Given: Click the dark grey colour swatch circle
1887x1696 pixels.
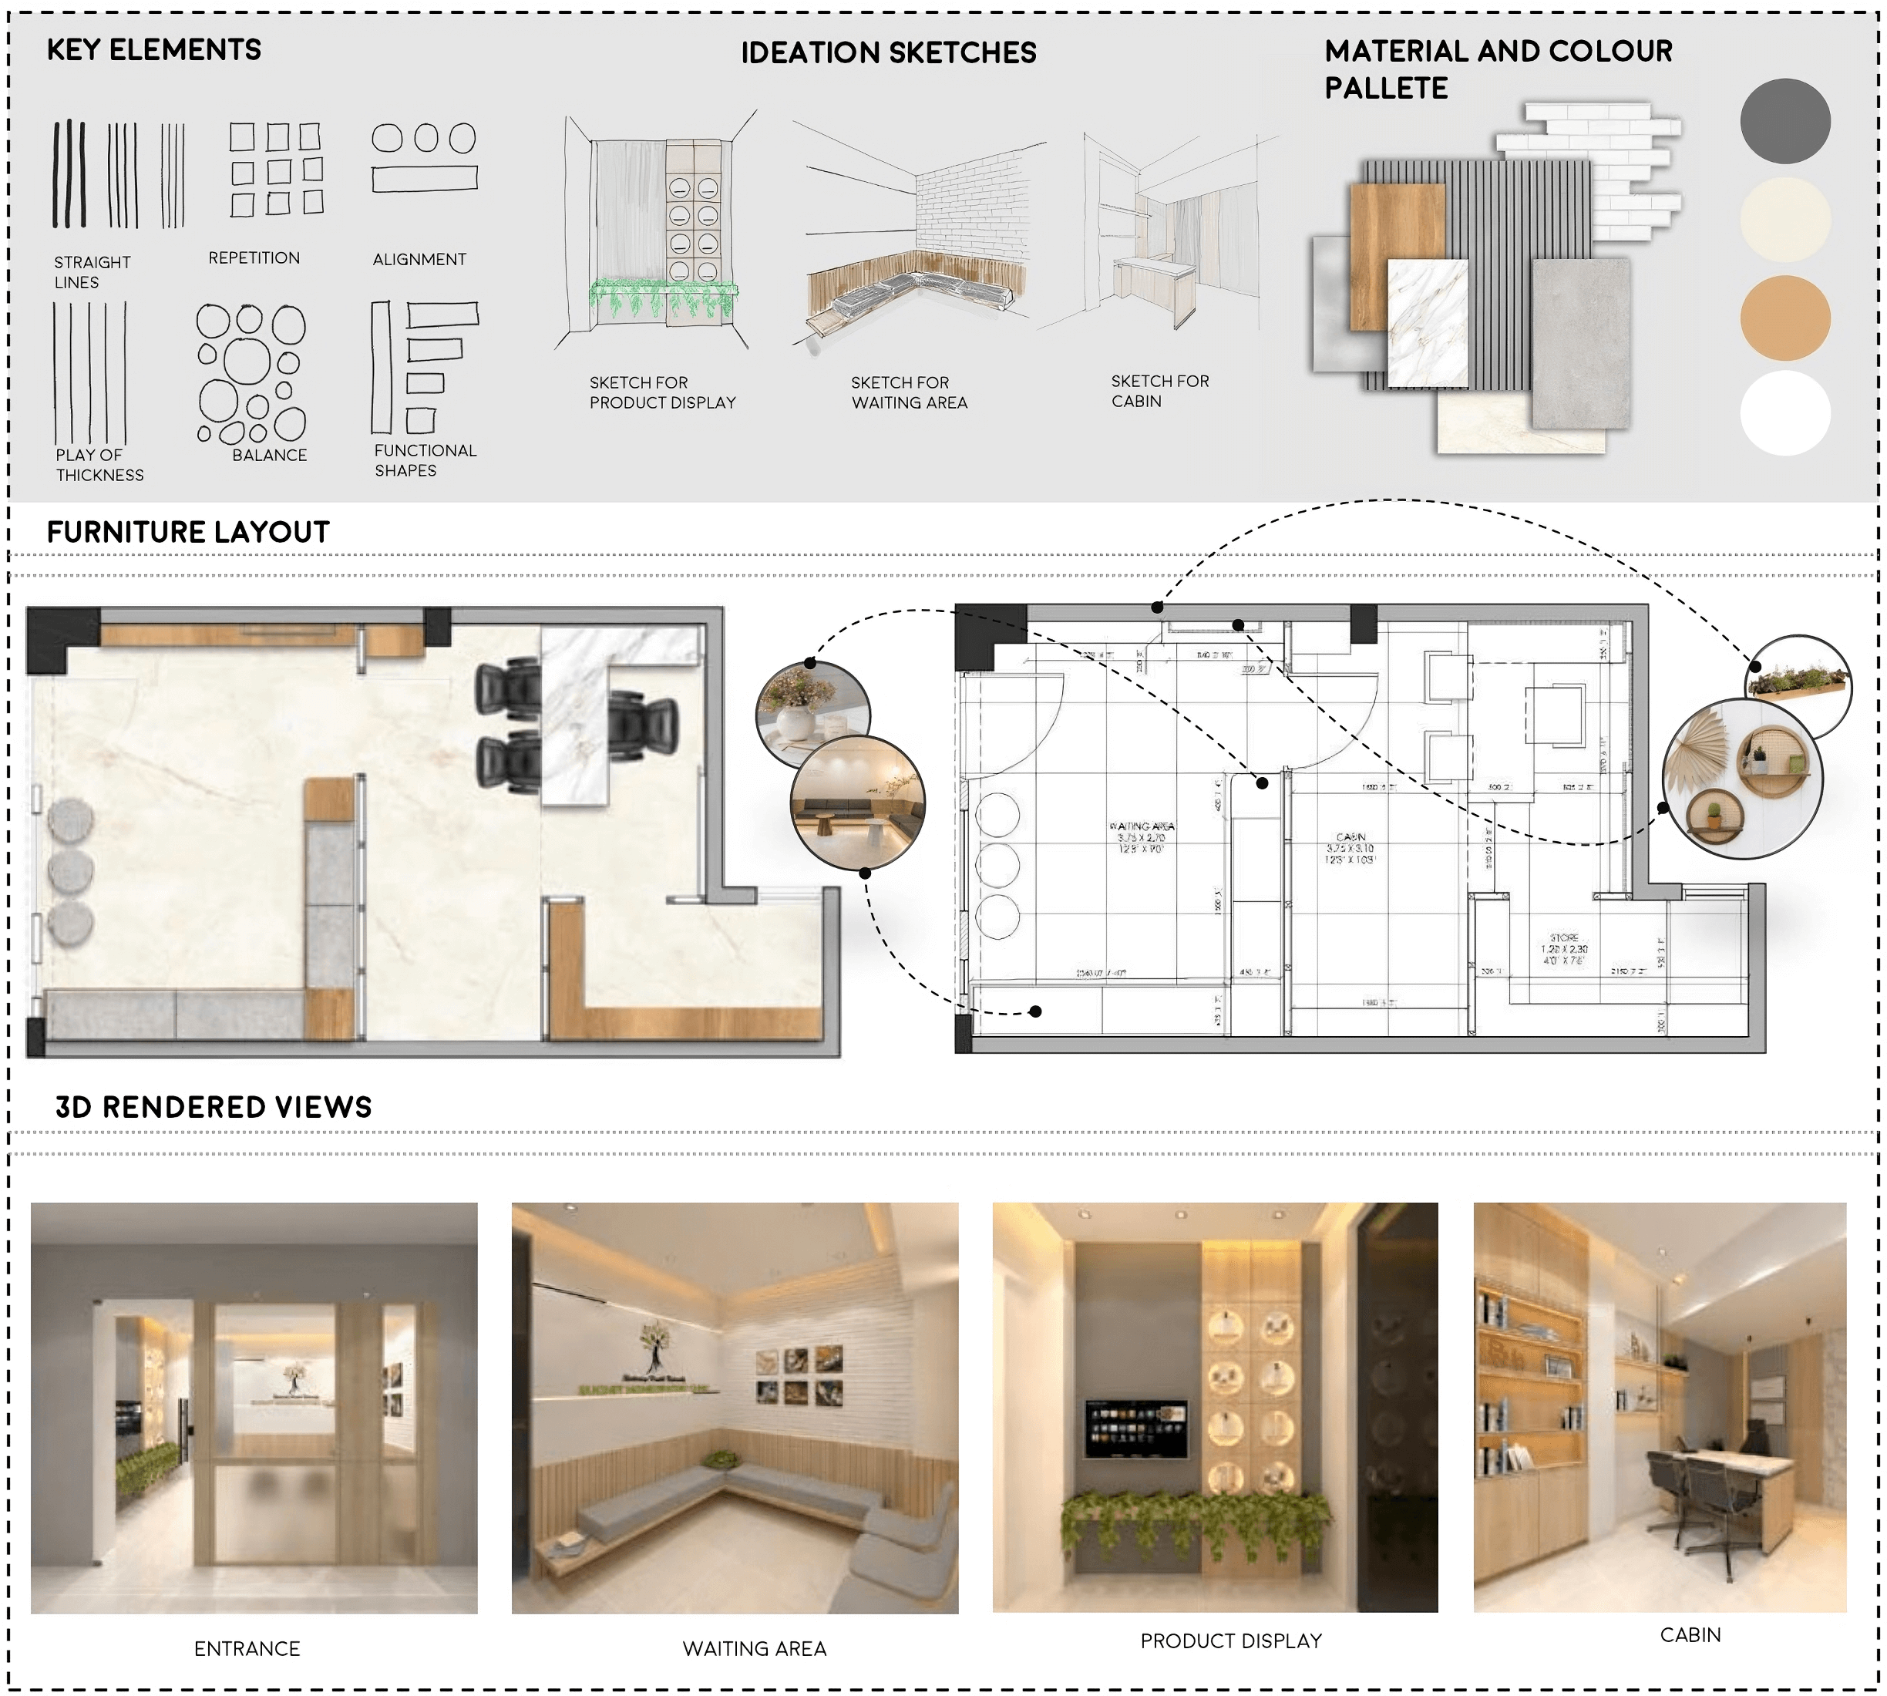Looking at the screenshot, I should tap(1784, 121).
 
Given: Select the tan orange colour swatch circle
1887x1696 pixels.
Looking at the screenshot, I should tap(1784, 318).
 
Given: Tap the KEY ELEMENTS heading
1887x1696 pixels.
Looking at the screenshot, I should tap(153, 49).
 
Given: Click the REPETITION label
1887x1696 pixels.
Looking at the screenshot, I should tap(254, 258).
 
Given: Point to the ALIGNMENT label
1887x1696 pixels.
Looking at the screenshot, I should tap(419, 259).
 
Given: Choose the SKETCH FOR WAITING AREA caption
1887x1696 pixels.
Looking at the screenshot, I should tap(909, 392).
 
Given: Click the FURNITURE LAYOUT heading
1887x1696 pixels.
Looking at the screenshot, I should tap(188, 532).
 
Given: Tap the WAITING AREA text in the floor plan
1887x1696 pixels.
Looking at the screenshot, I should tap(1142, 826).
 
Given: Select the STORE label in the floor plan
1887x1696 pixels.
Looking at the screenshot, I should tap(1564, 937).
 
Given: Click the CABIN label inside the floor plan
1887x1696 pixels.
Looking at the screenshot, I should tap(1350, 836).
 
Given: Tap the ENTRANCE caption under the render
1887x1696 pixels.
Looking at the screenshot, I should tap(247, 1648).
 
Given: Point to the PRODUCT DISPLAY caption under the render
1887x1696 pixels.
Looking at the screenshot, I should tap(1231, 1641).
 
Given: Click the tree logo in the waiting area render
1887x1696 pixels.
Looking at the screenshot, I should tap(655, 1347).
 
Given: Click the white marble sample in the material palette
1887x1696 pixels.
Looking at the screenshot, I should tap(1427, 323).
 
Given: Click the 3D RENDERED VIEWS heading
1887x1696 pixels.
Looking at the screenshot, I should tap(214, 1107).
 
